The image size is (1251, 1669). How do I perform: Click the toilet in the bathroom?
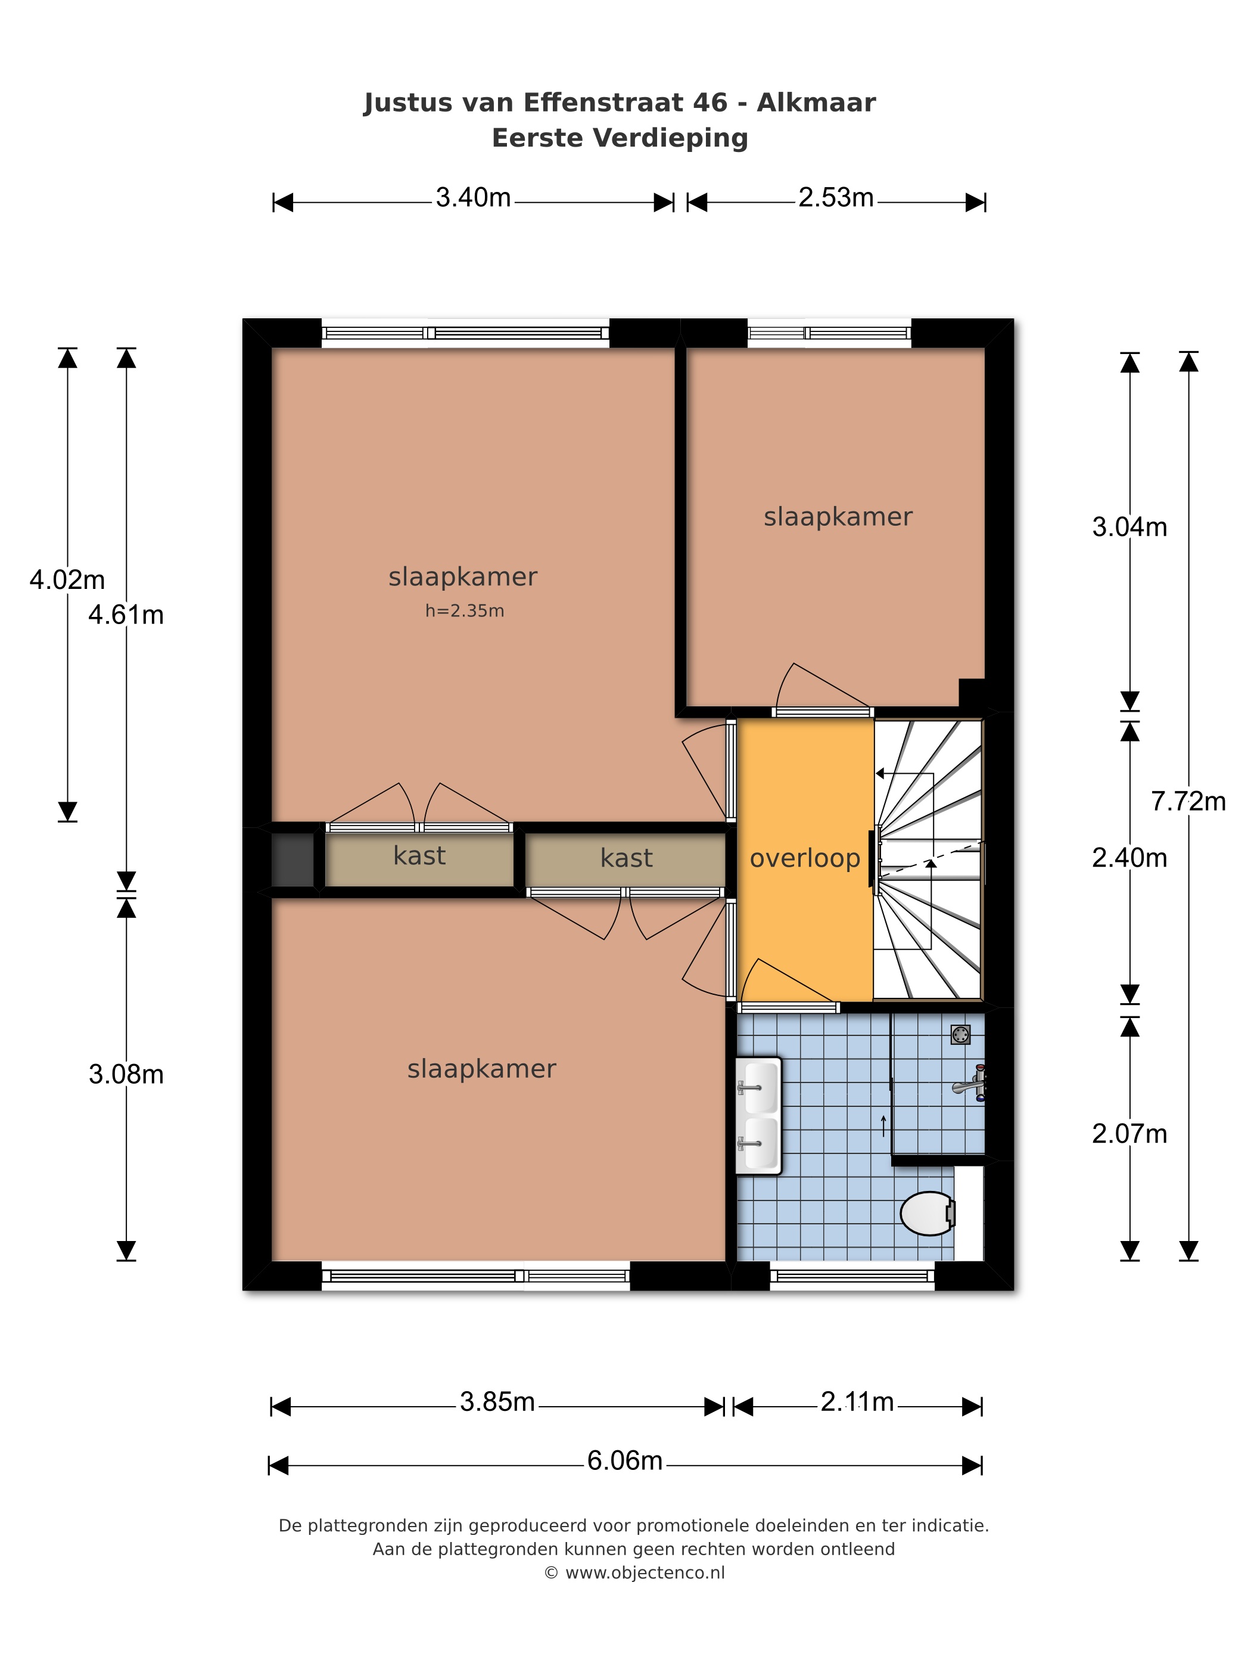[928, 1213]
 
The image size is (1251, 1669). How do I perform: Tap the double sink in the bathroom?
[758, 1116]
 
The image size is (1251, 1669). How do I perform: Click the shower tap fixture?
[970, 1084]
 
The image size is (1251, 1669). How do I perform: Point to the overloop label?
[805, 859]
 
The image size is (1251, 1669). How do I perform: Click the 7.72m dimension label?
[1188, 801]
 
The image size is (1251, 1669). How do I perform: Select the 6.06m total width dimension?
[624, 1461]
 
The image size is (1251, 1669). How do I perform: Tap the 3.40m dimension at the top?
[473, 198]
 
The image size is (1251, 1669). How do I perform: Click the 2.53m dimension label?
[836, 198]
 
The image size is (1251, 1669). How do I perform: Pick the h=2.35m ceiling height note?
[465, 610]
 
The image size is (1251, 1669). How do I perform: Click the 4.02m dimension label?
[67, 579]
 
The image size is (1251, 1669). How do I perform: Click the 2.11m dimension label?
[857, 1402]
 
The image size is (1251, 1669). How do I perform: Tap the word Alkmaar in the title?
[816, 103]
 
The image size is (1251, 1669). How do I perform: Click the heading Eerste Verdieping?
[620, 138]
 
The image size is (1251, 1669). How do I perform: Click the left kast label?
[419, 855]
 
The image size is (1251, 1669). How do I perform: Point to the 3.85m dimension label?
[497, 1402]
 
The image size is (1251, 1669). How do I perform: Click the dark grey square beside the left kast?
[292, 860]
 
